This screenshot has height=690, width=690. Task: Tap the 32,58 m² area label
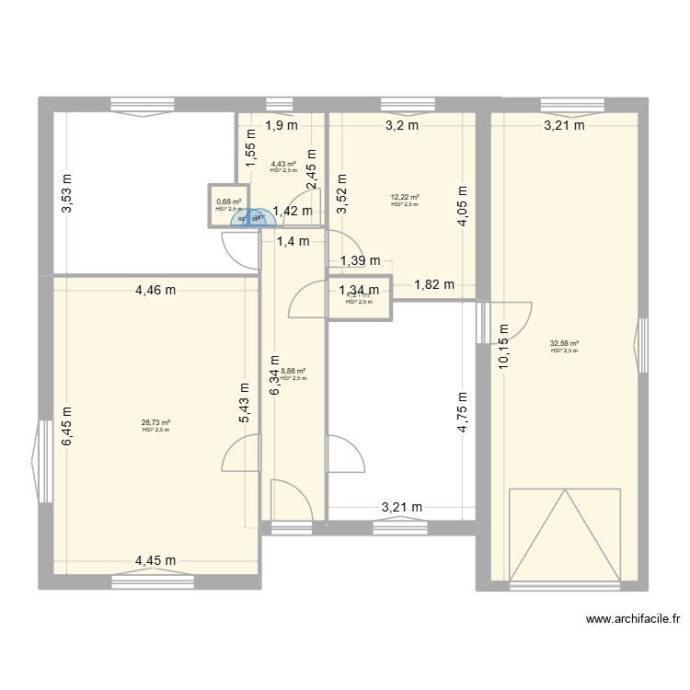point(564,344)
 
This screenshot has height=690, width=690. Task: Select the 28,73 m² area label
point(156,423)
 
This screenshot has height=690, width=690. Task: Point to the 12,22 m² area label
point(405,198)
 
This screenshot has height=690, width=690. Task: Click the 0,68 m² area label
point(228,202)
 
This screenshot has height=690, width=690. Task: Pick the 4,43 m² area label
point(283,164)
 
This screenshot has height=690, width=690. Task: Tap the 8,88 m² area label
point(293,372)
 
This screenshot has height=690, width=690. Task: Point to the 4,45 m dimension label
point(155,560)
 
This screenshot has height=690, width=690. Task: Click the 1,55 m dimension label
point(248,148)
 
